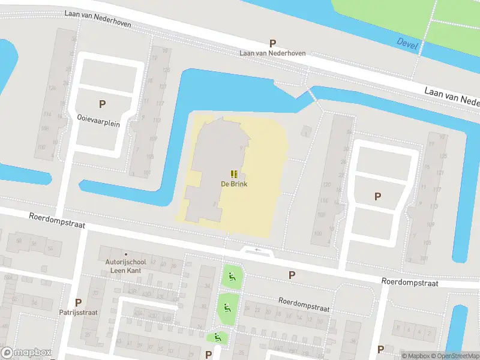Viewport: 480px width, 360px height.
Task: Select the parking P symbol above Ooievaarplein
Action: tap(102, 104)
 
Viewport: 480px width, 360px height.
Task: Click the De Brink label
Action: tap(234, 184)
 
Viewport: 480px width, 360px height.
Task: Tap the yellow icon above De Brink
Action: tap(234, 174)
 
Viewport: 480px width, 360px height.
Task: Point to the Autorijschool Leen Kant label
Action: tap(125, 266)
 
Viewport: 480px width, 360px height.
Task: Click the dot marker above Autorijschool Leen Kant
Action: tap(125, 254)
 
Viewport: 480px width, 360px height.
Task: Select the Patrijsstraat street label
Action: tap(78, 313)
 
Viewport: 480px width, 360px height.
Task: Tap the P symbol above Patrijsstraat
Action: tap(78, 302)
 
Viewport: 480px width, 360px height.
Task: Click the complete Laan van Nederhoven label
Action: tap(272, 53)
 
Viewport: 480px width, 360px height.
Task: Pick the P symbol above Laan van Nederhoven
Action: tap(272, 43)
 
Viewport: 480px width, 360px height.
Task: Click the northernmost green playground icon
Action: tap(232, 277)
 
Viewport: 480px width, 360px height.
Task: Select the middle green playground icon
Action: tap(227, 308)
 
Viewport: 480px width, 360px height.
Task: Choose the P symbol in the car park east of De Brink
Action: tap(377, 196)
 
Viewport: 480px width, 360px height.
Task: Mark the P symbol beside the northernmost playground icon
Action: tap(292, 275)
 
